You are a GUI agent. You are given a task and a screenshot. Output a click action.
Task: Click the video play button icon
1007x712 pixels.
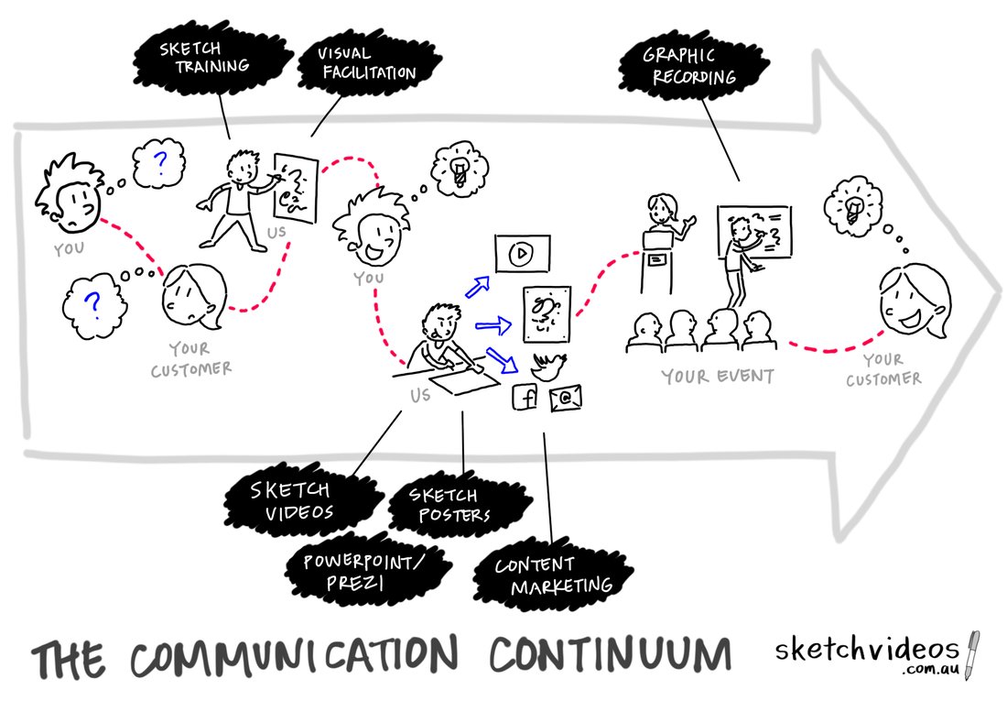pos(521,254)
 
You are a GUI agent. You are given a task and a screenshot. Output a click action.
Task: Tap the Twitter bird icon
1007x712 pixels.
pos(548,366)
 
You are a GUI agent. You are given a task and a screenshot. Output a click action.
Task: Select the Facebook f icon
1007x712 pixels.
pos(526,398)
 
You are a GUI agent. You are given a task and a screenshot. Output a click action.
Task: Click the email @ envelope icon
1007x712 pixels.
pos(566,398)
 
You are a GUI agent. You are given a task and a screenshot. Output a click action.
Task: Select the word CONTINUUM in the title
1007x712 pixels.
pos(610,656)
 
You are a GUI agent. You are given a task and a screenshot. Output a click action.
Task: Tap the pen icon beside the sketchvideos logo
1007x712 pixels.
pos(972,654)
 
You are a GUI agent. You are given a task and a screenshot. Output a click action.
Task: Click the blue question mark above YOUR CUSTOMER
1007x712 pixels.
pos(92,302)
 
